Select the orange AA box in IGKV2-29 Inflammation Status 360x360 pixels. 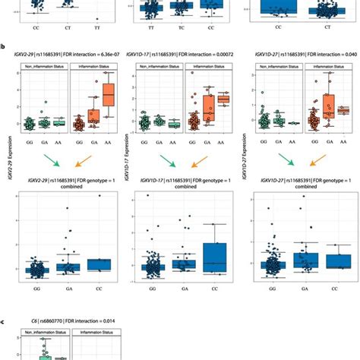tap(109, 96)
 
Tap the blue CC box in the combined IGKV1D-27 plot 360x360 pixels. tap(333, 261)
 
